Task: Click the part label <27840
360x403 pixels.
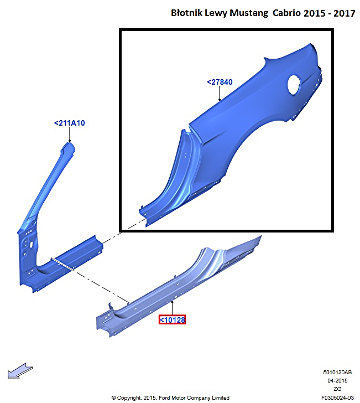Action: tap(220, 82)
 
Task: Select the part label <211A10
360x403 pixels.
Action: tap(69, 123)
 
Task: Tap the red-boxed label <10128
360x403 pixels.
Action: tap(172, 320)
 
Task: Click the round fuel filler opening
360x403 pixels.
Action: tap(294, 85)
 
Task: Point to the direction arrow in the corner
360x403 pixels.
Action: tap(20, 371)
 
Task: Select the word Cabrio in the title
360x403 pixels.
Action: tap(286, 13)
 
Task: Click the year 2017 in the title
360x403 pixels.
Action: tap(345, 13)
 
